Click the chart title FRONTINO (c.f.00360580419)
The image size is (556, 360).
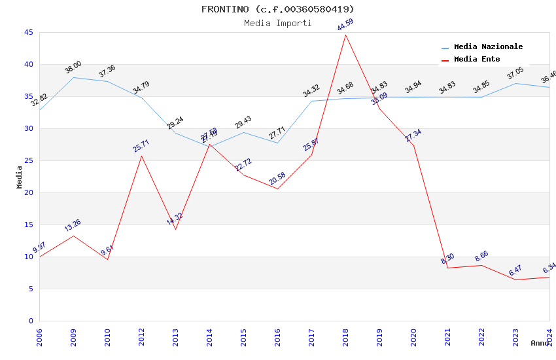[x=277, y=9]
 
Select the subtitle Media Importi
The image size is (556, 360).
[x=277, y=23]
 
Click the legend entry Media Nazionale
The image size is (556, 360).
[x=488, y=47]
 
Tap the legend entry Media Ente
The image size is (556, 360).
[x=477, y=60]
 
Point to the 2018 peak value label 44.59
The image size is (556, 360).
[x=345, y=26]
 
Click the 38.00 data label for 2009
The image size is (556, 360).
[x=73, y=67]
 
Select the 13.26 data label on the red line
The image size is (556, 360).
[x=73, y=226]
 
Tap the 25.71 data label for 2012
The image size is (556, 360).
[x=141, y=146]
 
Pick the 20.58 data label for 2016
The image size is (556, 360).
[x=277, y=179]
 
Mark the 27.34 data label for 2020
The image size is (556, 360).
[x=413, y=135]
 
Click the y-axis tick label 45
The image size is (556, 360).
[x=28, y=32]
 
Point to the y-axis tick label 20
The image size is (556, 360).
[x=28, y=192]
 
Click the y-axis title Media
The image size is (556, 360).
[x=20, y=177]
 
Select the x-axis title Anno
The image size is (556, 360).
[x=540, y=343]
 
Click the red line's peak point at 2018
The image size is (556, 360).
[x=345, y=35]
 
